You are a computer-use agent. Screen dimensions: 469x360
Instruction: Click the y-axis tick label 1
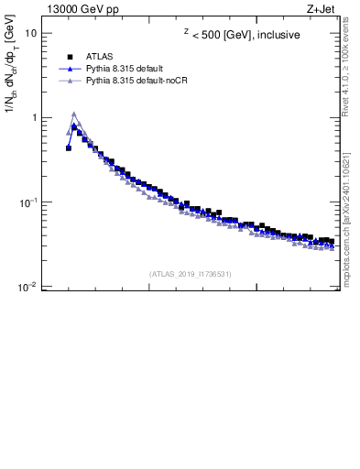(x=34, y=118)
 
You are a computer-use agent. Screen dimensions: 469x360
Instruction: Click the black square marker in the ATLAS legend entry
(x=70, y=56)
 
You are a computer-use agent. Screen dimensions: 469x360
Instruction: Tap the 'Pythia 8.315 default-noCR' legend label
(x=136, y=81)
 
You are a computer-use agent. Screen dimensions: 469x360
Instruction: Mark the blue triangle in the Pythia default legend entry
(x=70, y=69)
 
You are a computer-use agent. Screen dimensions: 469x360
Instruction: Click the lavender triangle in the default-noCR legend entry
(x=70, y=81)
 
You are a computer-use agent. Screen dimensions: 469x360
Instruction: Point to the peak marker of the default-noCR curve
(x=73, y=115)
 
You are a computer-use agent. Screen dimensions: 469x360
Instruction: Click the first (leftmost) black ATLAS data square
(x=69, y=147)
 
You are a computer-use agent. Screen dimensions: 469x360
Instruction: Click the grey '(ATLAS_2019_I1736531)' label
(x=191, y=273)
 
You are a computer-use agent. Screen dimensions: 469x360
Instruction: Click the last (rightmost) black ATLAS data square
(x=331, y=242)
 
